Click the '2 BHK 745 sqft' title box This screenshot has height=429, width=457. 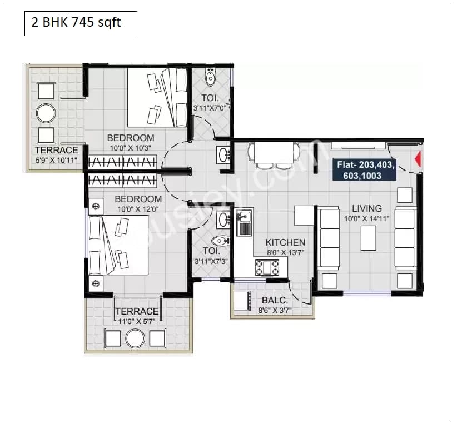[x=81, y=24]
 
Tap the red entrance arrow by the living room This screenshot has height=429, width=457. [x=418, y=161]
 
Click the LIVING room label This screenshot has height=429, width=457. [x=366, y=209]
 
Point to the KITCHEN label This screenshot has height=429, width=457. [x=285, y=242]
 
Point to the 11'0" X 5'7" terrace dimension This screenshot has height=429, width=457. [x=137, y=321]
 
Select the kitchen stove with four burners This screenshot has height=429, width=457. [x=267, y=267]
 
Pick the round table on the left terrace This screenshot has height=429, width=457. [x=46, y=113]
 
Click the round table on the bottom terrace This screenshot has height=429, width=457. [x=135, y=338]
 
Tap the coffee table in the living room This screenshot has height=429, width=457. [x=368, y=239]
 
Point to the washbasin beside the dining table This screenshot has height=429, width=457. [x=223, y=154]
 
